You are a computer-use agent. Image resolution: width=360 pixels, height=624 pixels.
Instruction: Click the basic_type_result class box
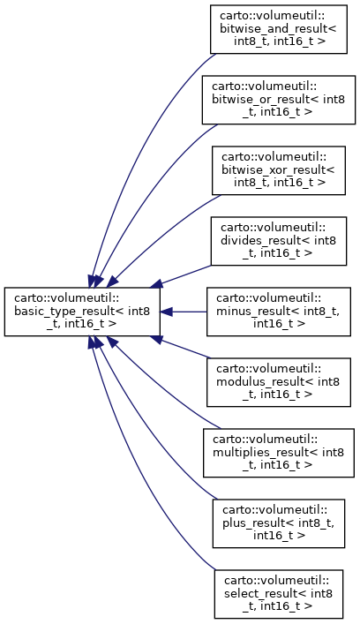82,312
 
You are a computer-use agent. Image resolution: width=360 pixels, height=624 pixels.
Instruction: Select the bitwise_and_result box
279,29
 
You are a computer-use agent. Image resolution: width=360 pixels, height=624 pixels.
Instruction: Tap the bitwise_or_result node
279,100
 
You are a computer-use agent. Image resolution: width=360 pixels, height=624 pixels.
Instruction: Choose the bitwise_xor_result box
279,170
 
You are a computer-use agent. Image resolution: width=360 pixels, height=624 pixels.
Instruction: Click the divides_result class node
279,241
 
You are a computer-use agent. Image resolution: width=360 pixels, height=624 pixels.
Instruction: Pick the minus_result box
279,312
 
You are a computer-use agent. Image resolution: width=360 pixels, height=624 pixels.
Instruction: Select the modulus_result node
279,382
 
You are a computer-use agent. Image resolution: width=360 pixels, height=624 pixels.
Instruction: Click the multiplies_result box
279,453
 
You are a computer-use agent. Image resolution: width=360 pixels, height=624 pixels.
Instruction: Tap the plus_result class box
279,523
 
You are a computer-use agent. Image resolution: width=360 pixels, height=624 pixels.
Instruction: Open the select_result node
279,594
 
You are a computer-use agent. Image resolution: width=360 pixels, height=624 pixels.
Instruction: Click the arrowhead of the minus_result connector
166,312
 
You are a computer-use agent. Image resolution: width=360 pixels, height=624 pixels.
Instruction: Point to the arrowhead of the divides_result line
156,284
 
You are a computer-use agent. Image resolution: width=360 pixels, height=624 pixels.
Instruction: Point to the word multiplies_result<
266,453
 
